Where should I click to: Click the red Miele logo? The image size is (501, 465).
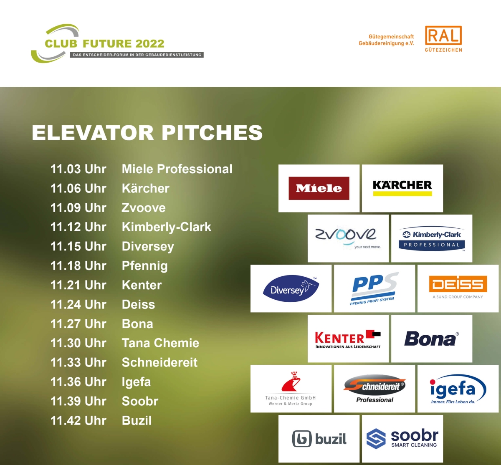[319, 188]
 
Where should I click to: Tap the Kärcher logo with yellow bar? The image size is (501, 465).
[402, 188]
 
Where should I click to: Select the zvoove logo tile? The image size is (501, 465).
[348, 238]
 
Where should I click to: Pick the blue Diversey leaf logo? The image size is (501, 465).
[291, 288]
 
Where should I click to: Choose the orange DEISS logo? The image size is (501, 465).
[458, 287]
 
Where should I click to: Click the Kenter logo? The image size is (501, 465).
[348, 339]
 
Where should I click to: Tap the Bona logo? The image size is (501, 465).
[432, 339]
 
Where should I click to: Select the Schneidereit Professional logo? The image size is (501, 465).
[374, 389]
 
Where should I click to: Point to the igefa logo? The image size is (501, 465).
[458, 389]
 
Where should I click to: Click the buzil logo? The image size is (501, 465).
[319, 439]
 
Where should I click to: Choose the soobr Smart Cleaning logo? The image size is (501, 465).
[402, 439]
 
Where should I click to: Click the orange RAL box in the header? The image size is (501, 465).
[443, 35]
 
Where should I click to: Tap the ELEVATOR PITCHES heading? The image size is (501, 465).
[147, 133]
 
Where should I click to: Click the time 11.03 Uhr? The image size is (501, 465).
[78, 169]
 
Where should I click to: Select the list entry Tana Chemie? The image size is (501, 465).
[160, 343]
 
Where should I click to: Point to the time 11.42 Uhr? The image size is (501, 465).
[78, 421]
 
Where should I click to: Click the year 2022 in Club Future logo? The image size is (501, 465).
[149, 44]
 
